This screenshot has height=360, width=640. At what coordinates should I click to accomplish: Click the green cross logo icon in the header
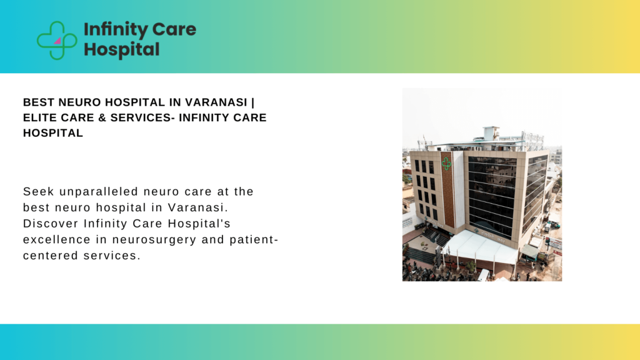(x=57, y=40)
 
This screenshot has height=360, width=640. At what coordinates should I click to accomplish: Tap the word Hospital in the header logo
(x=121, y=49)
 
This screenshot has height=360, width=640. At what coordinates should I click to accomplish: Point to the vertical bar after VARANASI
(x=262, y=102)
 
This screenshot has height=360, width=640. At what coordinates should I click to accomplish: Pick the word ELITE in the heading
(x=39, y=117)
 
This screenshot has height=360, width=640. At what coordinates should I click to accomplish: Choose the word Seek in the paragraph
(x=37, y=191)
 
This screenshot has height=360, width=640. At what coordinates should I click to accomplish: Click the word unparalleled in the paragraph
(x=102, y=191)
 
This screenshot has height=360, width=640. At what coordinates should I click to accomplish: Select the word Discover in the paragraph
(x=48, y=223)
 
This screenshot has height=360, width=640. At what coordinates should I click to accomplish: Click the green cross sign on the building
(x=446, y=163)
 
